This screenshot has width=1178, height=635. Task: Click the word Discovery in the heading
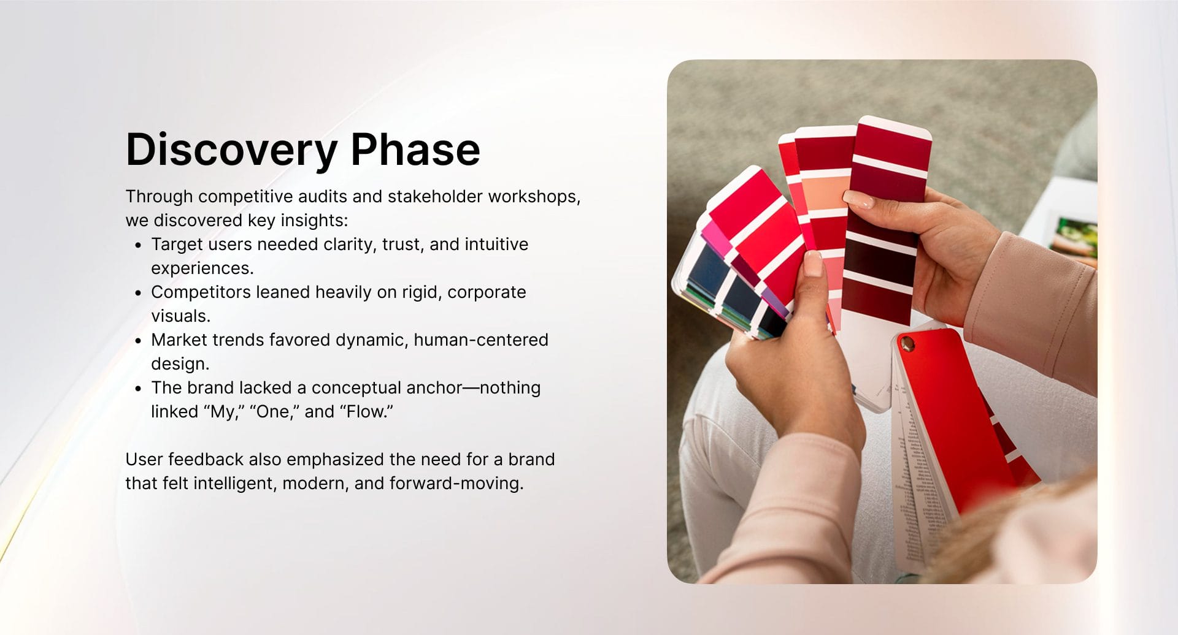(231, 150)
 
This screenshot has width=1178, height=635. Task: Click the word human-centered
(481, 340)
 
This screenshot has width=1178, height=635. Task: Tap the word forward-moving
(456, 484)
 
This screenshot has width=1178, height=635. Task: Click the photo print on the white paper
(1074, 237)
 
